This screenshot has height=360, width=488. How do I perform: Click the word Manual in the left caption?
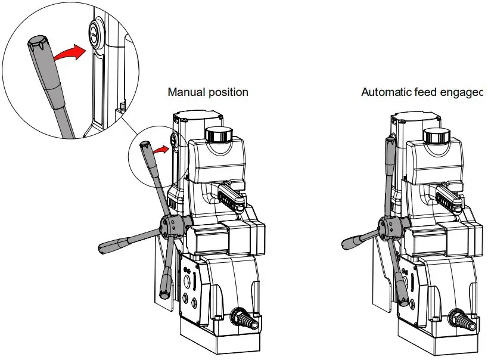tap(186, 92)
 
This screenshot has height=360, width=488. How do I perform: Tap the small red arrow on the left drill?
tap(159, 150)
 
